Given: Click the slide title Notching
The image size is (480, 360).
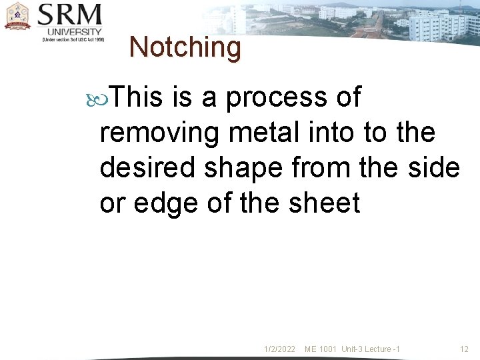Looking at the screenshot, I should click(185, 47).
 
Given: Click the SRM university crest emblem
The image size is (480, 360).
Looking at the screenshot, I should click(17, 16).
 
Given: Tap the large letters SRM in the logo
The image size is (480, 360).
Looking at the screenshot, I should click(70, 14).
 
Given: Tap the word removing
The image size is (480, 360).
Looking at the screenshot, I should click(159, 133).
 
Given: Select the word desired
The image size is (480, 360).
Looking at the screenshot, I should click(148, 168).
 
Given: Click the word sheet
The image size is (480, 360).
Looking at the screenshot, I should click(324, 203).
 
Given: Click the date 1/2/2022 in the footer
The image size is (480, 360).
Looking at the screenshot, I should click(279, 349).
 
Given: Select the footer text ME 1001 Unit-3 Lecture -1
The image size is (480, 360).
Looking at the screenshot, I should click(352, 349).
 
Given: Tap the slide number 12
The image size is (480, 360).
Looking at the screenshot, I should click(465, 349).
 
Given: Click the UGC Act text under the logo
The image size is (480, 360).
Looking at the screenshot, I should click(73, 39).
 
